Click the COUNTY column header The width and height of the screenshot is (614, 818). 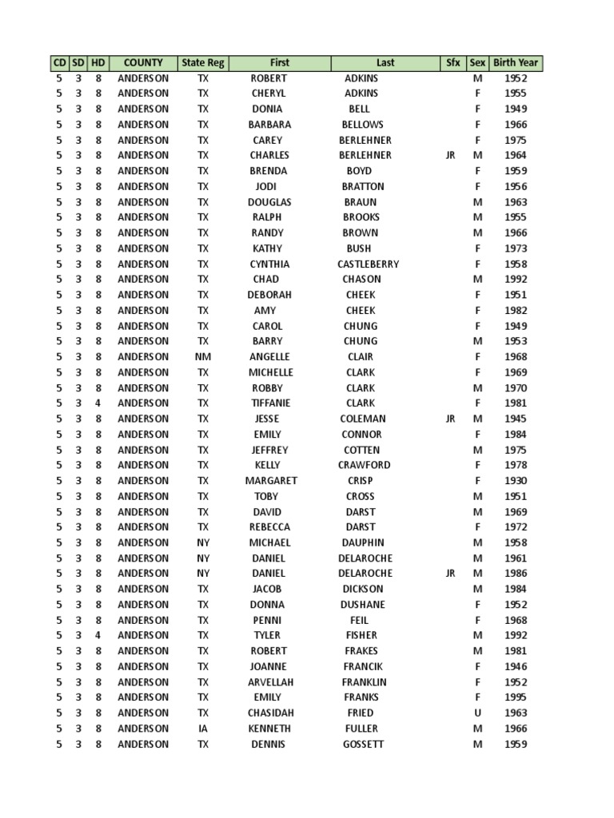[144, 62]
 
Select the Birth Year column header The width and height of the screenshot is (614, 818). [516, 62]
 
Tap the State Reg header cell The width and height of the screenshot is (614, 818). [203, 62]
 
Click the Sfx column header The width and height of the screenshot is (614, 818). [451, 62]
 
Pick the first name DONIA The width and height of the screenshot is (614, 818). [267, 109]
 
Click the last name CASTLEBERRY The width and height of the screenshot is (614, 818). [368, 264]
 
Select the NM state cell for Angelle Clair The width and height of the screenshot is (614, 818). [203, 357]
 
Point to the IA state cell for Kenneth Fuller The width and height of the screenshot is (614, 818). [203, 729]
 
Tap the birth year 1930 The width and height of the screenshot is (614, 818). [516, 481]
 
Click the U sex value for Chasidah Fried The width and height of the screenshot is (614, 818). [477, 713]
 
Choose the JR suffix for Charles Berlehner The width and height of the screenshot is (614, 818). [451, 155]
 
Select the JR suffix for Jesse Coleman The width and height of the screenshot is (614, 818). [451, 419]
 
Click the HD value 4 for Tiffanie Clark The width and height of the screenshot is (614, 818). [98, 403]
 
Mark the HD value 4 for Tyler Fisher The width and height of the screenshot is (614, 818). [98, 635]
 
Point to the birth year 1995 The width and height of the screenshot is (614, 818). [516, 697]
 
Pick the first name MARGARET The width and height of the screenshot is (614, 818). [271, 481]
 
